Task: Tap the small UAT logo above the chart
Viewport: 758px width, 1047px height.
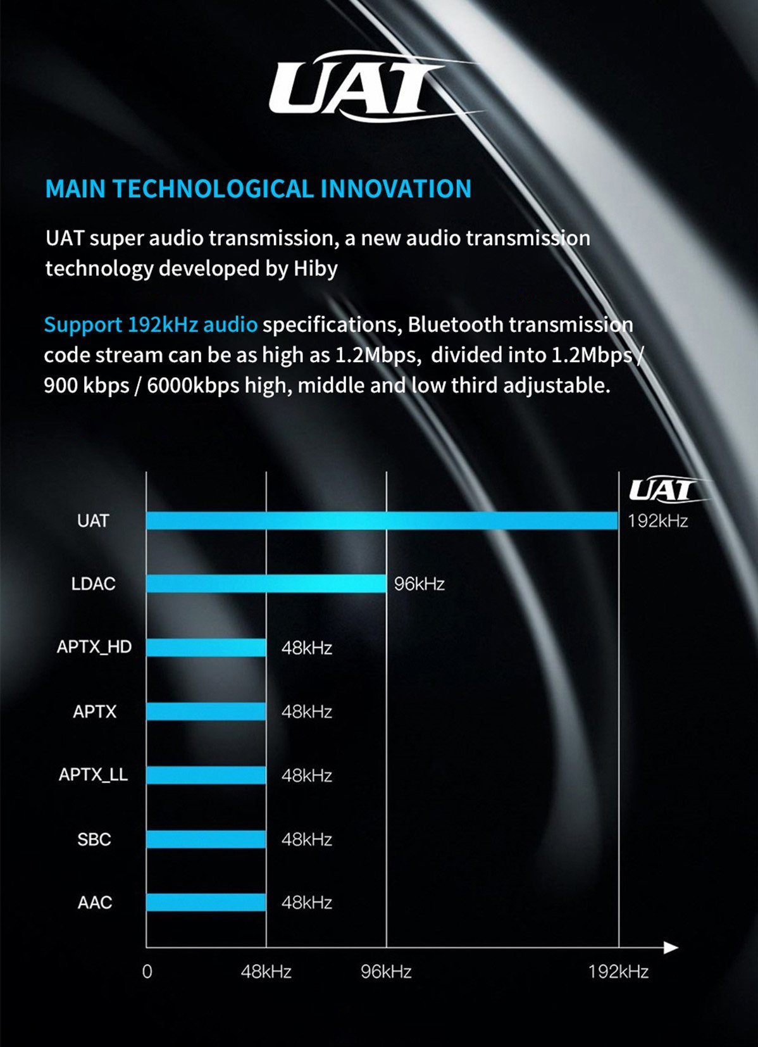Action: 662,491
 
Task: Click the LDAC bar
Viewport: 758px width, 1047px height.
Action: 266,584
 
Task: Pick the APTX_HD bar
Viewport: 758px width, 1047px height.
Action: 206,648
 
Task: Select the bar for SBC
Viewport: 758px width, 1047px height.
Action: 206,839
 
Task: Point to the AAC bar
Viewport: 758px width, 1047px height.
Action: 206,903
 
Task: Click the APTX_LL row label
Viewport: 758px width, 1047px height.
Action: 93,775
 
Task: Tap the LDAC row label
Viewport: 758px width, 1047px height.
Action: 93,584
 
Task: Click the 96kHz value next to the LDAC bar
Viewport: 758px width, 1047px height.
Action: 419,584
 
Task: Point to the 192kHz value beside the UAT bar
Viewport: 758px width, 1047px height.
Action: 657,521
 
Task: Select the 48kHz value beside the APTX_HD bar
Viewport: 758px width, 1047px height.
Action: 307,648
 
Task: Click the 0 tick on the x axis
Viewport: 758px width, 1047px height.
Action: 147,972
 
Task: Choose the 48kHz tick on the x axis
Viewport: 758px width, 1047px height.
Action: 266,972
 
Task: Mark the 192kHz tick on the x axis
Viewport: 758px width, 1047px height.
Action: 618,972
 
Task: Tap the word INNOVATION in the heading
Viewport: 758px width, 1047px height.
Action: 395,189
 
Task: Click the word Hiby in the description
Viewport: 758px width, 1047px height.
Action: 315,268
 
